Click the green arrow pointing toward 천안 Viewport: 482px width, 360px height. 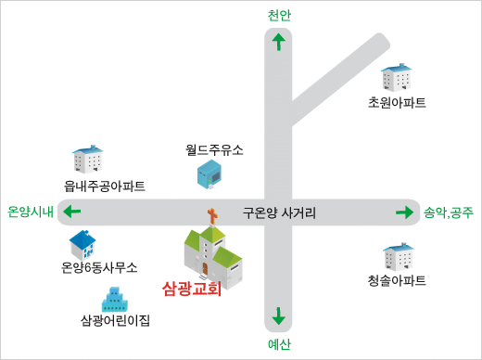click(x=279, y=42)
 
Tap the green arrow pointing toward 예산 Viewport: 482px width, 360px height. click(x=279, y=316)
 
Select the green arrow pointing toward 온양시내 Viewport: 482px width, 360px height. click(x=72, y=212)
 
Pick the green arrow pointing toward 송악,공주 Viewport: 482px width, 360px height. click(x=404, y=212)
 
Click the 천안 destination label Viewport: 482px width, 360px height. click(x=279, y=15)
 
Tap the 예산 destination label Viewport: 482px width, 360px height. click(x=279, y=344)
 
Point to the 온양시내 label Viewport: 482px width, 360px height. click(x=31, y=212)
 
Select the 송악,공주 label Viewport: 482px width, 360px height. click(x=449, y=212)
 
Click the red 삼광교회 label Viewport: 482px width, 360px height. click(x=192, y=289)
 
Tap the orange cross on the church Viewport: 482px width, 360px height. click(x=212, y=216)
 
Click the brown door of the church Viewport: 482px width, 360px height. click(x=205, y=268)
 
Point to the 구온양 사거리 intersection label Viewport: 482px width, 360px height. click(x=279, y=212)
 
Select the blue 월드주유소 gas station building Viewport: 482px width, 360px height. click(x=209, y=174)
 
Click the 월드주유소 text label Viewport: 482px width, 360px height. click(x=214, y=150)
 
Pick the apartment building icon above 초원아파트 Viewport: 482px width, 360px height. click(x=396, y=78)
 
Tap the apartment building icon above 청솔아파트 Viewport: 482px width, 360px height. click(x=399, y=257)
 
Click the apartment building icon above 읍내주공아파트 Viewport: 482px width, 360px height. click(x=88, y=159)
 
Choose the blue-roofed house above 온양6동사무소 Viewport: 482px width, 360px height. click(x=82, y=245)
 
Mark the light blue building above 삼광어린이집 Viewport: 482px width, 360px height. click(x=115, y=300)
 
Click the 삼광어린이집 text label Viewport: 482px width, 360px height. click(x=115, y=320)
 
